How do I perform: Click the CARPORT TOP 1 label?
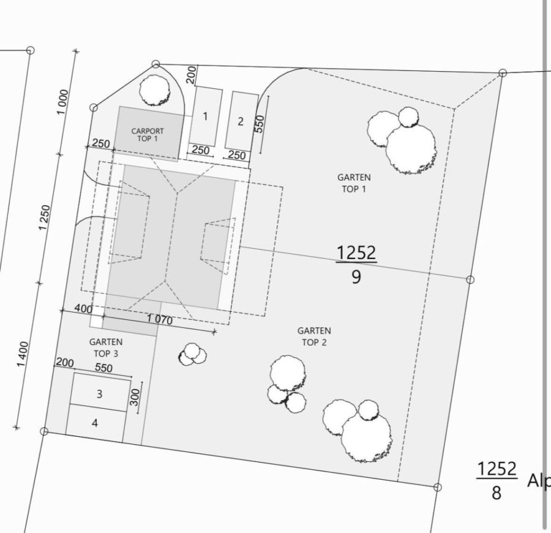pos(148,135)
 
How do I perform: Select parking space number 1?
pos(205,116)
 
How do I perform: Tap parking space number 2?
pos(240,121)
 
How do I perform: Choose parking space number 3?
pos(100,394)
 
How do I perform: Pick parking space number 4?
pos(95,423)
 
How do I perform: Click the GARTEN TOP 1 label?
pos(354,183)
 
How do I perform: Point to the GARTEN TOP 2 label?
pos(313,336)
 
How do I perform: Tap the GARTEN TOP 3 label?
pos(105,347)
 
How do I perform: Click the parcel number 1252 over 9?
pos(356,264)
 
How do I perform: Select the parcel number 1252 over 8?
pos(497,480)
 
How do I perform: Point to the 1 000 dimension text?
pos(63,102)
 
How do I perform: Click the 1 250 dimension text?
pos(44,217)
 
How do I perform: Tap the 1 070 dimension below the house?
pos(159,320)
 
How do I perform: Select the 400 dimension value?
pos(83,309)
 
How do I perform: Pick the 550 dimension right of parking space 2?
pos(259,124)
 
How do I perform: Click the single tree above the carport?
pos(154,91)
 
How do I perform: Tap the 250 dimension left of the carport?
pos(100,144)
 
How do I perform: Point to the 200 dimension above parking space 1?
pos(191,75)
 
